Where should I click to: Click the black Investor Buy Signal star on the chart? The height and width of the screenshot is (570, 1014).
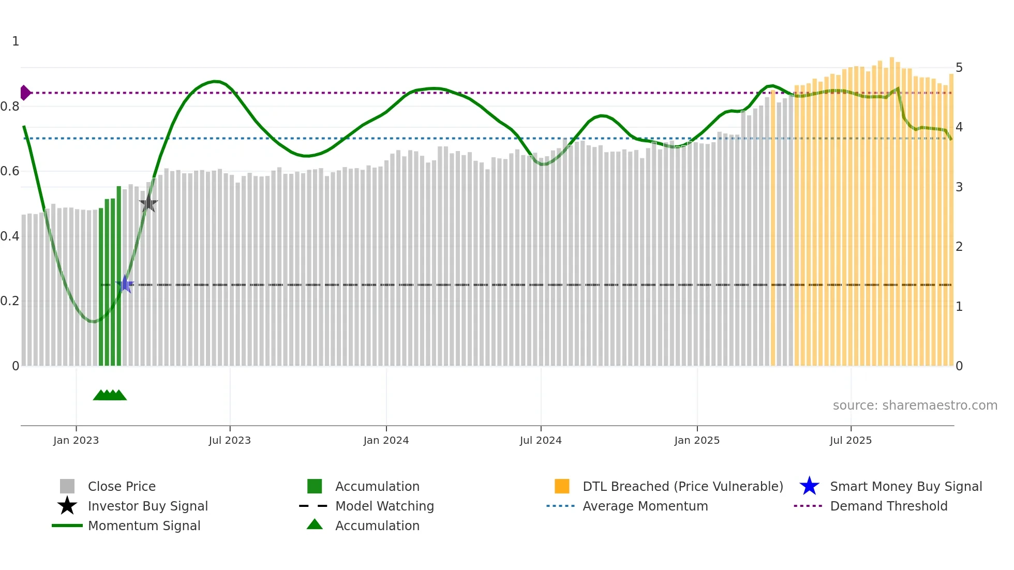148,203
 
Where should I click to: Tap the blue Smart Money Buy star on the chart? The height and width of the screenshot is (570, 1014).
125,284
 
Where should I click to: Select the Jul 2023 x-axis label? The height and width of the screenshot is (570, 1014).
230,440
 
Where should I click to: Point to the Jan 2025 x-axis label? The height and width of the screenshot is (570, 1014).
697,440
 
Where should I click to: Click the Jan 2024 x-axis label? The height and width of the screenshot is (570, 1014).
386,440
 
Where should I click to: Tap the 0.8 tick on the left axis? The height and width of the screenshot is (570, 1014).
10,107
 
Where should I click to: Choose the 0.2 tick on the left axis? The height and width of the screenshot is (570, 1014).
10,301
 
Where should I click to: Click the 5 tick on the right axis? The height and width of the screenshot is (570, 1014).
959,68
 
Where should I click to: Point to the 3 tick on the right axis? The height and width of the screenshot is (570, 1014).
959,187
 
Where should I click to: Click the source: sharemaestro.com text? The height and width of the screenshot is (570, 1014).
915,405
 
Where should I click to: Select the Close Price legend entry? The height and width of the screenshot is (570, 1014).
122,486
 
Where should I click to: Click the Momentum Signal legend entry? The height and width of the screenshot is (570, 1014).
144,526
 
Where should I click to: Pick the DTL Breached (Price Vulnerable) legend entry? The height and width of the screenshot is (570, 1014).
682,486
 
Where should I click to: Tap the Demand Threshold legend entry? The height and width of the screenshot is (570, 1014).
888,506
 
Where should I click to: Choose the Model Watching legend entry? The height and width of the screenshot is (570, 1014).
384,506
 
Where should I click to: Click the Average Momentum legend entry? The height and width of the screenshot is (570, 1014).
645,506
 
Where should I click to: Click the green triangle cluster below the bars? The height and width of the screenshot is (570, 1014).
110,395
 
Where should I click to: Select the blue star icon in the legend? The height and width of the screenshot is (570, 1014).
809,486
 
